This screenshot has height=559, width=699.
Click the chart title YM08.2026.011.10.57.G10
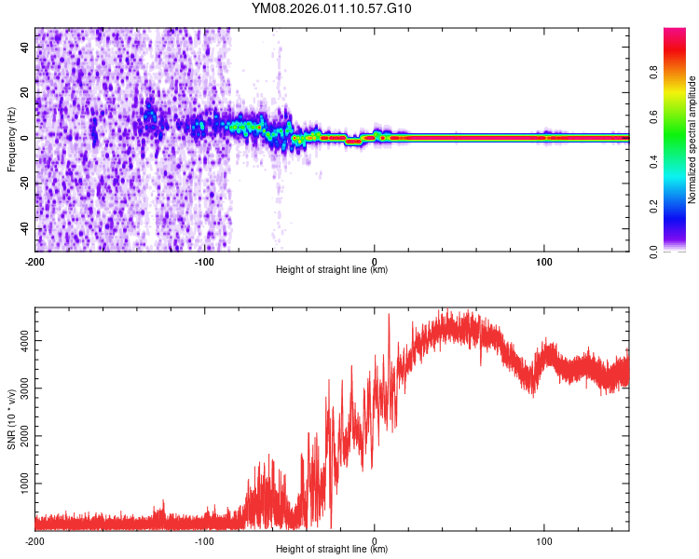[332, 9]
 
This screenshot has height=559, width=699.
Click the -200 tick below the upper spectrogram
[35, 261]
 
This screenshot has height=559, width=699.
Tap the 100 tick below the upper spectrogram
[544, 261]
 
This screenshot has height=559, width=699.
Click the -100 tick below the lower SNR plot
[205, 540]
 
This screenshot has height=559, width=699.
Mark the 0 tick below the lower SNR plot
[375, 540]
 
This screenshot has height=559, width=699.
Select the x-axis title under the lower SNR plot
[332, 550]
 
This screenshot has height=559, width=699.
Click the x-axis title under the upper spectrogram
[332, 270]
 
